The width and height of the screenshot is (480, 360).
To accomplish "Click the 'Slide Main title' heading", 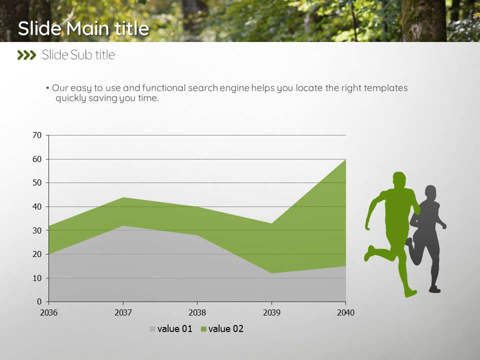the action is coord(83,28).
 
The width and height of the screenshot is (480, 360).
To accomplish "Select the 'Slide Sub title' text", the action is coord(78,55).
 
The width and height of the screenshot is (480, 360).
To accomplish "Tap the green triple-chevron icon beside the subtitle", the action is coord(26,55).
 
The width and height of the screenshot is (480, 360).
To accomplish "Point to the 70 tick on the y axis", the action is coord(37,135).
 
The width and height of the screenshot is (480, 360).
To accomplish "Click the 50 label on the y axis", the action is coord(37,183).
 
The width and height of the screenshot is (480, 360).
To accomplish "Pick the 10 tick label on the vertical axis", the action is coord(37,278).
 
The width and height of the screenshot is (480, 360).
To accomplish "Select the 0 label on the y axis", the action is coord(39,301).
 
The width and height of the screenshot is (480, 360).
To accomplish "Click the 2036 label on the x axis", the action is coord(48,312).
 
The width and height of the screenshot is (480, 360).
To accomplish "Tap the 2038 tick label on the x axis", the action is coord(197,312).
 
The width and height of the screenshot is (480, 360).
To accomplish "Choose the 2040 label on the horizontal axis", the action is coord(345,312).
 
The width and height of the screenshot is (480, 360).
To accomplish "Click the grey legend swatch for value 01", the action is coord(152,329).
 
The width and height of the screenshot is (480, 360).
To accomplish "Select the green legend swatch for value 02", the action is coord(203,329).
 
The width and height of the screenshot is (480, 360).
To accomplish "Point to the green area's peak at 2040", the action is coord(345,159).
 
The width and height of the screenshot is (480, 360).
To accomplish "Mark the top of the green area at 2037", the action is coord(123,197).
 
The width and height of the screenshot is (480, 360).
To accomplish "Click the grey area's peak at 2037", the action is coord(123,226).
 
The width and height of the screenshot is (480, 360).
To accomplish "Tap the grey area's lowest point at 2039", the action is coord(271,273).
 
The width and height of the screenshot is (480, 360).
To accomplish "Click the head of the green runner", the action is coord(399,179).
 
